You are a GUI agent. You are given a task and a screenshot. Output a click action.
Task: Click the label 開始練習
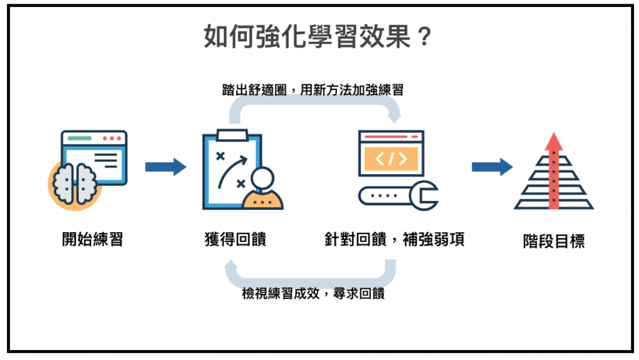click(x=92, y=239)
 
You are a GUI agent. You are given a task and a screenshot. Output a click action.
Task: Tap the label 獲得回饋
click(x=235, y=239)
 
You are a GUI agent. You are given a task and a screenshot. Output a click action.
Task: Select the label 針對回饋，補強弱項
click(x=394, y=239)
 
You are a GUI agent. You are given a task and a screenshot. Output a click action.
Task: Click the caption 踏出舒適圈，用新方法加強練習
click(x=312, y=89)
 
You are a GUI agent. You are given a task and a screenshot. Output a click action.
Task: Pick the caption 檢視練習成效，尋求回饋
click(x=313, y=293)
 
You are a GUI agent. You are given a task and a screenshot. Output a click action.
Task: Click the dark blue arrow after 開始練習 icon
click(x=165, y=167)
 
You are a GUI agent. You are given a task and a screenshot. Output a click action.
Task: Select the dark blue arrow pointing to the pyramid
click(x=492, y=167)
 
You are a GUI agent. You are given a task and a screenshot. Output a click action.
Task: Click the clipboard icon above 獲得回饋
click(x=228, y=168)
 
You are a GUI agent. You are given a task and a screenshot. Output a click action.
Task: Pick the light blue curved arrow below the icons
click(x=312, y=275)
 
